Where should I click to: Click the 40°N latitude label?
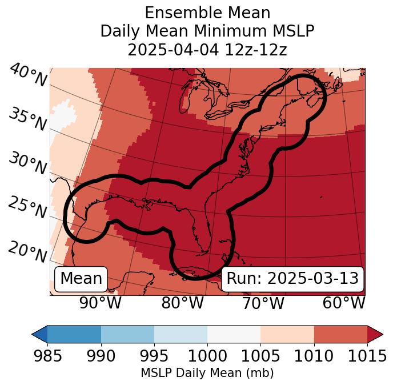[x=27, y=75]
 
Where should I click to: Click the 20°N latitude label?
[x=27, y=252]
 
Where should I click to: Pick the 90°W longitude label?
[x=101, y=303]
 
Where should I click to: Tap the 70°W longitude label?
[x=263, y=303]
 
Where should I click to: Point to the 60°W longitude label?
[x=344, y=303]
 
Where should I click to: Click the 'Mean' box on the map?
[x=81, y=279]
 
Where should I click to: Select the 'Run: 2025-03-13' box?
[x=292, y=279]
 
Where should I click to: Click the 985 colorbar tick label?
[x=47, y=356]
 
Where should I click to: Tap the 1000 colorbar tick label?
[x=207, y=356]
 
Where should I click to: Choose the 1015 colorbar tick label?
[x=367, y=356]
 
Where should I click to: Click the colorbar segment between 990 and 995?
[x=127, y=334]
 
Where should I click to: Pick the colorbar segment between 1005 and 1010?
[x=287, y=334]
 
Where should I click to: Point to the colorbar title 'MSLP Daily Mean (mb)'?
[x=207, y=373]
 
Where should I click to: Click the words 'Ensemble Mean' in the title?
[x=207, y=13]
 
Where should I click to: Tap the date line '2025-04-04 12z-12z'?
[x=207, y=50]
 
